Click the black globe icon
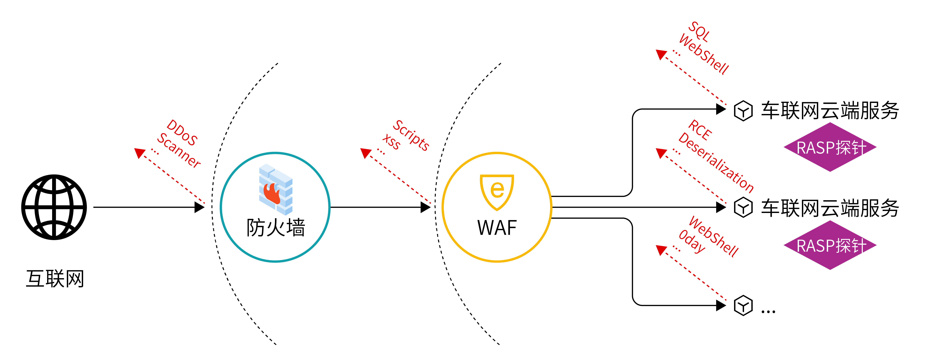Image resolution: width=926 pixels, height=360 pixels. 54,207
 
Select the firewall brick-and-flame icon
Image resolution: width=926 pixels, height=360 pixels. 276,190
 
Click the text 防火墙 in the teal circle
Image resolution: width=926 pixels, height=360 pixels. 276,228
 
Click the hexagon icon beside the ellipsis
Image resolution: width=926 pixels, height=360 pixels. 743,306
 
